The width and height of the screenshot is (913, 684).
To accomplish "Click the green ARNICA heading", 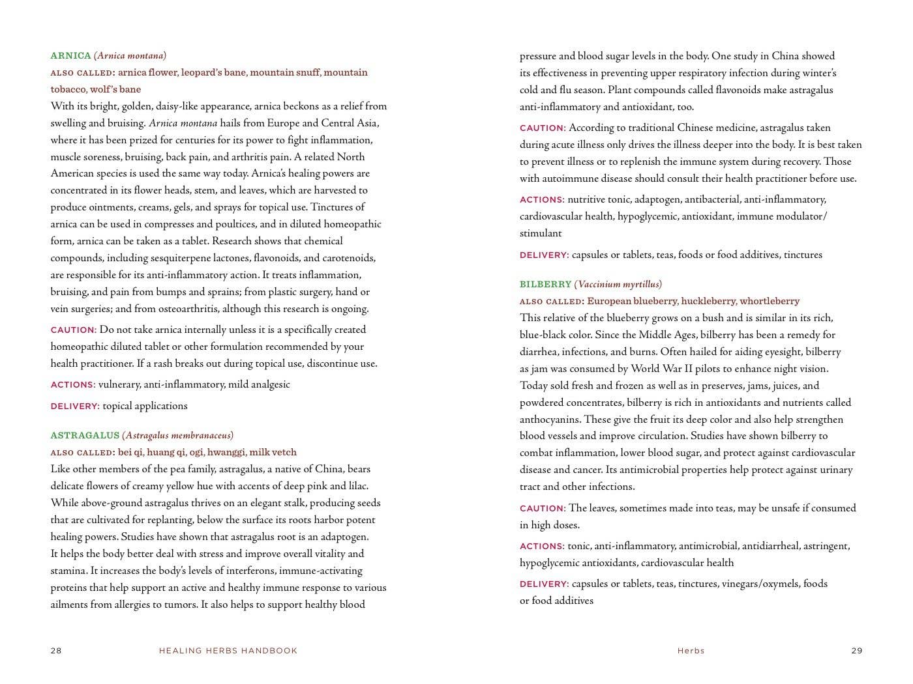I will (x=70, y=56).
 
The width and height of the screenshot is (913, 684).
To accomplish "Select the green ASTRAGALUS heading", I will (x=85, y=435).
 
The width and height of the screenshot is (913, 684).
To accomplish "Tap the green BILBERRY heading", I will (x=545, y=284).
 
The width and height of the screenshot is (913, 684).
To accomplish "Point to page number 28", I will (x=56, y=650).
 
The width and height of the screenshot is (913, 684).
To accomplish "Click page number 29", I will (x=857, y=650).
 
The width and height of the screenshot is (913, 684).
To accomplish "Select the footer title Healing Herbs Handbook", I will (x=228, y=650).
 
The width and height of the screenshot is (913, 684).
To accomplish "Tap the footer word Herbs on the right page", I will (x=691, y=650).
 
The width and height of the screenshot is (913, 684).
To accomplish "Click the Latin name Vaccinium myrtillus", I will (x=618, y=284).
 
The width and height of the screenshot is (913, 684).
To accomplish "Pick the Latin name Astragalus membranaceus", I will (x=177, y=435).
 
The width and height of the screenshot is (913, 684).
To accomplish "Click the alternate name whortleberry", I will (x=769, y=301).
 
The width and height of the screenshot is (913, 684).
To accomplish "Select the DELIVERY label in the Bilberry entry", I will (x=544, y=584).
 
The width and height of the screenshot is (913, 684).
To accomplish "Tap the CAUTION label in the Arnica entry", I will (x=73, y=330).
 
